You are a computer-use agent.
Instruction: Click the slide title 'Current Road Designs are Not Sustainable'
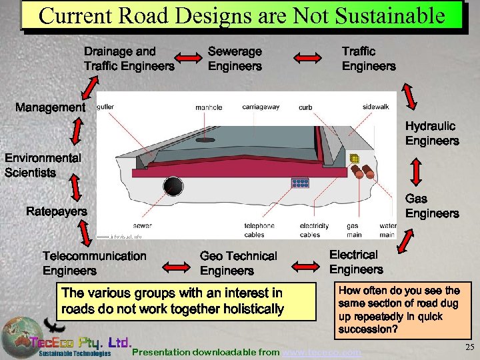(x=241, y=15)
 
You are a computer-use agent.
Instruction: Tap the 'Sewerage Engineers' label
(x=235, y=59)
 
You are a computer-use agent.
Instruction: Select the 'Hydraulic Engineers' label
(x=432, y=133)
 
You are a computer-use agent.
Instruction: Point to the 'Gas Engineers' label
(x=432, y=206)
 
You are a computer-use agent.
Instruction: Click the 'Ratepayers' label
(x=56, y=211)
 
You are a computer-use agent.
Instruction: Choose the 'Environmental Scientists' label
(x=43, y=165)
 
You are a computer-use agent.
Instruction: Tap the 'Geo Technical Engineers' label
(x=238, y=263)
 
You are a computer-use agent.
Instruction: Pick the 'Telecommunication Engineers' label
(x=94, y=263)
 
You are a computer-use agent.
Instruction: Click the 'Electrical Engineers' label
(x=356, y=262)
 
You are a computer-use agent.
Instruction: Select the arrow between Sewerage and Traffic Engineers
(x=307, y=59)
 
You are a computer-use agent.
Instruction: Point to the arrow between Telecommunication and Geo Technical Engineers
(x=174, y=266)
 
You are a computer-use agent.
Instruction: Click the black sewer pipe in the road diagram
(x=174, y=186)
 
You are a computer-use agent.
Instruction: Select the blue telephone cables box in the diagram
(x=300, y=183)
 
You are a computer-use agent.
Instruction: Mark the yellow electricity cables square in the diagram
(x=355, y=159)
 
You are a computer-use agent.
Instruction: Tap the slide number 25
(x=469, y=347)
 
